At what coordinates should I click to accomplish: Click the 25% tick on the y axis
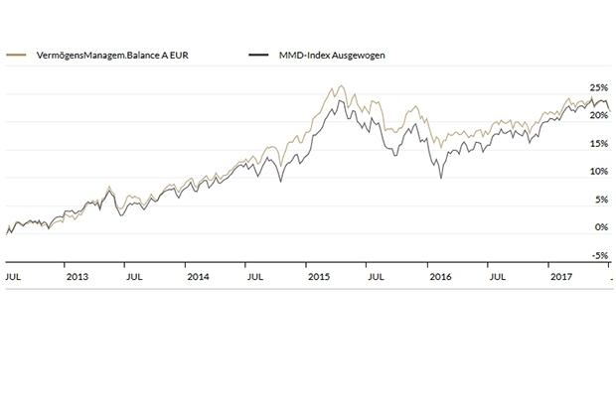pos(599,86)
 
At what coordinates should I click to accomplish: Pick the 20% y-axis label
pos(599,115)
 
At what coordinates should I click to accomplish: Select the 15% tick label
pos(599,143)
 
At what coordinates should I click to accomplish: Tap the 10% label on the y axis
pos(599,171)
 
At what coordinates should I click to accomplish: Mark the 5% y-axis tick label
pos(601,199)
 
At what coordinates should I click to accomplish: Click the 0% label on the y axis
pos(601,226)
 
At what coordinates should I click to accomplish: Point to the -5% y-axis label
pos(599,255)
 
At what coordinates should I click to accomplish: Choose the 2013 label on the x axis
pos(77,276)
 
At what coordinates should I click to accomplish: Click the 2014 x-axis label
pos(197,276)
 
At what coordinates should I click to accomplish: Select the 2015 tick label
pos(318,276)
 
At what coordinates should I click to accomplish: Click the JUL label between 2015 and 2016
pos(376,276)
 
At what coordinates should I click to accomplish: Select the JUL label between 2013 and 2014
pos(135,276)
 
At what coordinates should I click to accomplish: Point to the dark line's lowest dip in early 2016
pos(439,178)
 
